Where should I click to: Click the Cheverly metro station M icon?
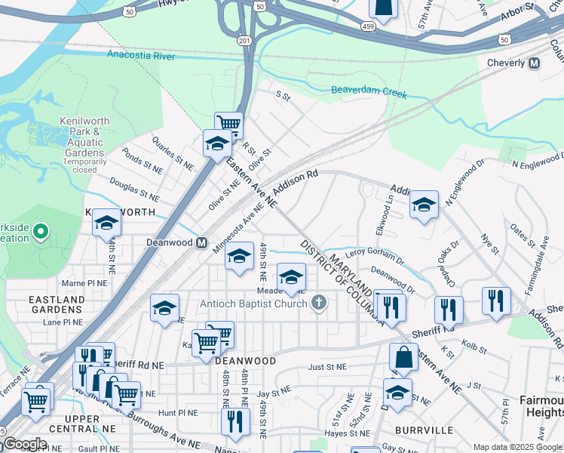pos(535,63)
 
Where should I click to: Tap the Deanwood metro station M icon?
pos(201,243)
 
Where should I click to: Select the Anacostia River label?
pos(141,55)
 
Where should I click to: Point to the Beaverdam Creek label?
pos(369,94)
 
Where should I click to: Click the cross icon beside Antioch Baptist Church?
pos(319,304)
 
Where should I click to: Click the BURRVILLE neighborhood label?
pos(424,430)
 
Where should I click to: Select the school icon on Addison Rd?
pos(424,204)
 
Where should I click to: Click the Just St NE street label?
pos(327,366)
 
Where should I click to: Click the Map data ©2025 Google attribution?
pos(517,447)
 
